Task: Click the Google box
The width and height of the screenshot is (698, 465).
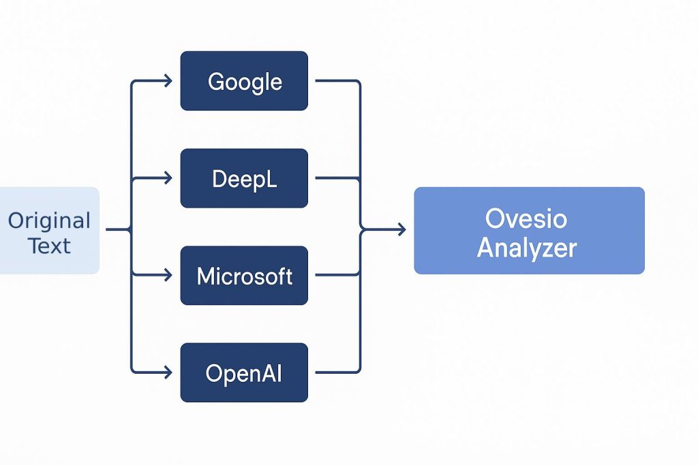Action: pos(244,81)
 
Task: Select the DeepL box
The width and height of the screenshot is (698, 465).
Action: pos(244,178)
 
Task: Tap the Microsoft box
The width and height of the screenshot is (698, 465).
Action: pos(244,276)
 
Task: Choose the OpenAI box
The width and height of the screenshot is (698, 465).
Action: pos(244,372)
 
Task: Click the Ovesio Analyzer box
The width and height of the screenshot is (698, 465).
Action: pos(529,231)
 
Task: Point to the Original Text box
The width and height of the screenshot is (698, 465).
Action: pos(49,231)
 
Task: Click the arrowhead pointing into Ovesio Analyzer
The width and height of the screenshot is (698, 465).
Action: pos(402,230)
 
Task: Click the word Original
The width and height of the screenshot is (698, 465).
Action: pos(49,221)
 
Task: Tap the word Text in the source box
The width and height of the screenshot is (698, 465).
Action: pos(49,246)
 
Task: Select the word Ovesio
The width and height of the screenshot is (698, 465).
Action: pos(526,219)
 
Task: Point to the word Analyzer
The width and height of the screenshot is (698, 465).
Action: pos(527,248)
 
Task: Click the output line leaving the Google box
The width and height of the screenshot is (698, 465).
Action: pos(359,133)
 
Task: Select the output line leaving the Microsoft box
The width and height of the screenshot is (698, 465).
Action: pos(337,275)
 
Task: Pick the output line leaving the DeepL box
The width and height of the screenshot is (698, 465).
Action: pos(337,178)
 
